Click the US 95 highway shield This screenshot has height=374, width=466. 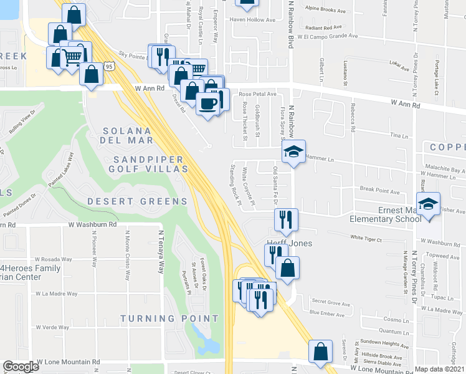pyautogui.click(x=110, y=66)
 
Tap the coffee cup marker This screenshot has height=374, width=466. pyautogui.click(x=207, y=102)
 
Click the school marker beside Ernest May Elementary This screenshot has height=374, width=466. pyautogui.click(x=429, y=204)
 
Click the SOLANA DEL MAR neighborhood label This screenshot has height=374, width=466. pyautogui.click(x=127, y=136)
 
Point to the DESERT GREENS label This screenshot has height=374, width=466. pyautogui.click(x=137, y=201)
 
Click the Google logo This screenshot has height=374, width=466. pyautogui.click(x=21, y=367)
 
